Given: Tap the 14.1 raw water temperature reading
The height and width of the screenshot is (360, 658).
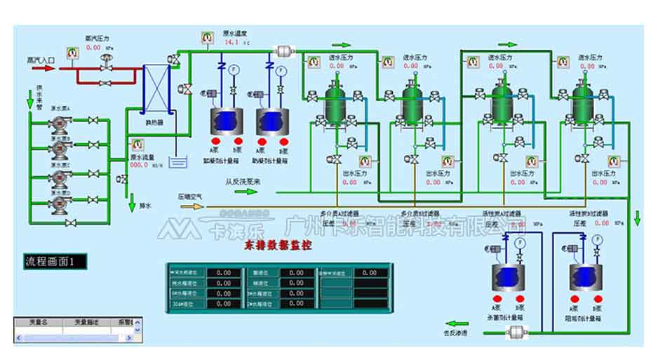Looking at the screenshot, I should click(x=231, y=42).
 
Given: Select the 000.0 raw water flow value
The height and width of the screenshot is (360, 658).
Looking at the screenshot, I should click(x=140, y=166).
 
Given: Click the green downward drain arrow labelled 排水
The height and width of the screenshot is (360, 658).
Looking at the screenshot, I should click(x=132, y=206).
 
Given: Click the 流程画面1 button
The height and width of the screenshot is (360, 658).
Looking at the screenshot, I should click(x=55, y=262).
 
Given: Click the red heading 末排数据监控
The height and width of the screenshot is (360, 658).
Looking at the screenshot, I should click(x=278, y=246).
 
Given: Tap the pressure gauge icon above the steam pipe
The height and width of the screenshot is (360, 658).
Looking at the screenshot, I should click(x=72, y=51).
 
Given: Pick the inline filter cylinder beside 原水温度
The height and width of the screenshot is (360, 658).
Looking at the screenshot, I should click(x=285, y=51).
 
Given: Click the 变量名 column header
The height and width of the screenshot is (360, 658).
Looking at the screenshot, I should click(x=37, y=321).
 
